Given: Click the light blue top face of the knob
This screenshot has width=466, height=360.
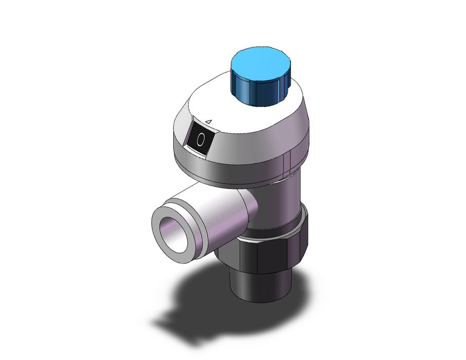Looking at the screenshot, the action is coord(260,63).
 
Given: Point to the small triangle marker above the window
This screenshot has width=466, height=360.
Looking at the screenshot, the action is coord(209,121).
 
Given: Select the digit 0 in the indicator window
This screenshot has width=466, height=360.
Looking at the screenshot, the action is coord(201,139).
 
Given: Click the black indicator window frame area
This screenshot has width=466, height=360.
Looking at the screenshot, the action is coord(200,136).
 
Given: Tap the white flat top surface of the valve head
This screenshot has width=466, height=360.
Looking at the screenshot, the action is coord(244,113).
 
